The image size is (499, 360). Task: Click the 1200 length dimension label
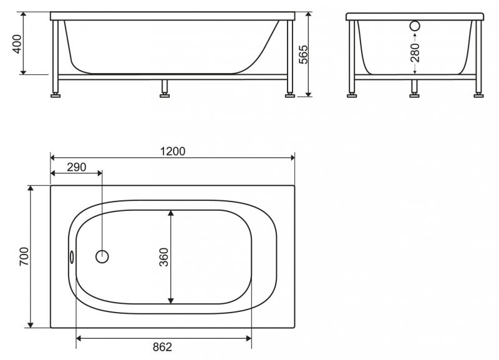(x=173, y=151)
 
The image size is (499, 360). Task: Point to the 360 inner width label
(x=164, y=257)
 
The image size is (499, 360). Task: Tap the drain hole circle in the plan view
(x=102, y=256)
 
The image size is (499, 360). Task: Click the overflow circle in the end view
(x=415, y=27)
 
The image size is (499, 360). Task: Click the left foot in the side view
(x=57, y=95)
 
